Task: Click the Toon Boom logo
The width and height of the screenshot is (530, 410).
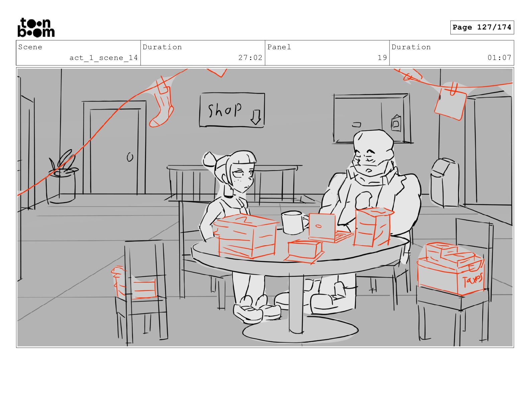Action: pyautogui.click(x=36, y=27)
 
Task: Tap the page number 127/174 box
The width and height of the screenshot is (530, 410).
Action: pyautogui.click(x=482, y=27)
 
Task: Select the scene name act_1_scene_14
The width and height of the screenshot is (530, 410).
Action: pyautogui.click(x=103, y=58)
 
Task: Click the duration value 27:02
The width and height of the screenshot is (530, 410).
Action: pyautogui.click(x=250, y=58)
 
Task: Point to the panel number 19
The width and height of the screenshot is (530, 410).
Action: pyautogui.click(x=382, y=58)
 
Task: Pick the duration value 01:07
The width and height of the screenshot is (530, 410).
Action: pyautogui.click(x=499, y=58)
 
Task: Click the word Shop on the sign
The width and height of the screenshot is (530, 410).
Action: pyautogui.click(x=225, y=110)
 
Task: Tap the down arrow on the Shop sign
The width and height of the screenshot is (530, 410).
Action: pyautogui.click(x=256, y=117)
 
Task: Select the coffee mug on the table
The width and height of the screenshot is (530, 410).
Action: pyautogui.click(x=294, y=222)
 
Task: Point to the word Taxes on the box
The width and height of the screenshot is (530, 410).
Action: pyautogui.click(x=472, y=280)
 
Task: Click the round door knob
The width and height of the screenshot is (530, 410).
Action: pyautogui.click(x=130, y=157)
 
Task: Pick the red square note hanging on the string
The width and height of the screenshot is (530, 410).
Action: pyautogui.click(x=450, y=104)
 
